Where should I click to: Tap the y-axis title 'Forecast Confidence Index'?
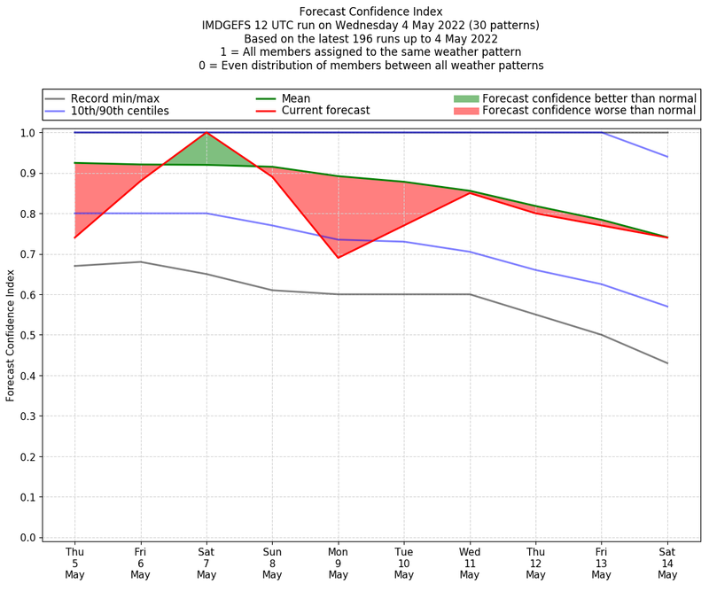pos(12,335)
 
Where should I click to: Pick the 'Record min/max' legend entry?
pos(115,98)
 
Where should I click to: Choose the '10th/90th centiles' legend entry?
pos(120,111)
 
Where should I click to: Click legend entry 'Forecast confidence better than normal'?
pos(589,98)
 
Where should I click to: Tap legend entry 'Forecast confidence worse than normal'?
pos(589,111)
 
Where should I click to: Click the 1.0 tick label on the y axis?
pos(27,133)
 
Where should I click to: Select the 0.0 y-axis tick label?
pos(27,538)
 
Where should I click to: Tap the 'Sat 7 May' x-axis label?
pos(206,563)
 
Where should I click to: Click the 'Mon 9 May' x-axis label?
pos(338,563)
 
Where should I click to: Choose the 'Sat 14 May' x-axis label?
pos(667,563)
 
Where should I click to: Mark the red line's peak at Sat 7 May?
pos(206,133)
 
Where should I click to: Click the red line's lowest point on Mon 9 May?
pos(338,258)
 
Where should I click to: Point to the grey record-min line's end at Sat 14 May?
pos(667,363)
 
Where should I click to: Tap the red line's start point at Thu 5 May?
pos(75,237)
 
